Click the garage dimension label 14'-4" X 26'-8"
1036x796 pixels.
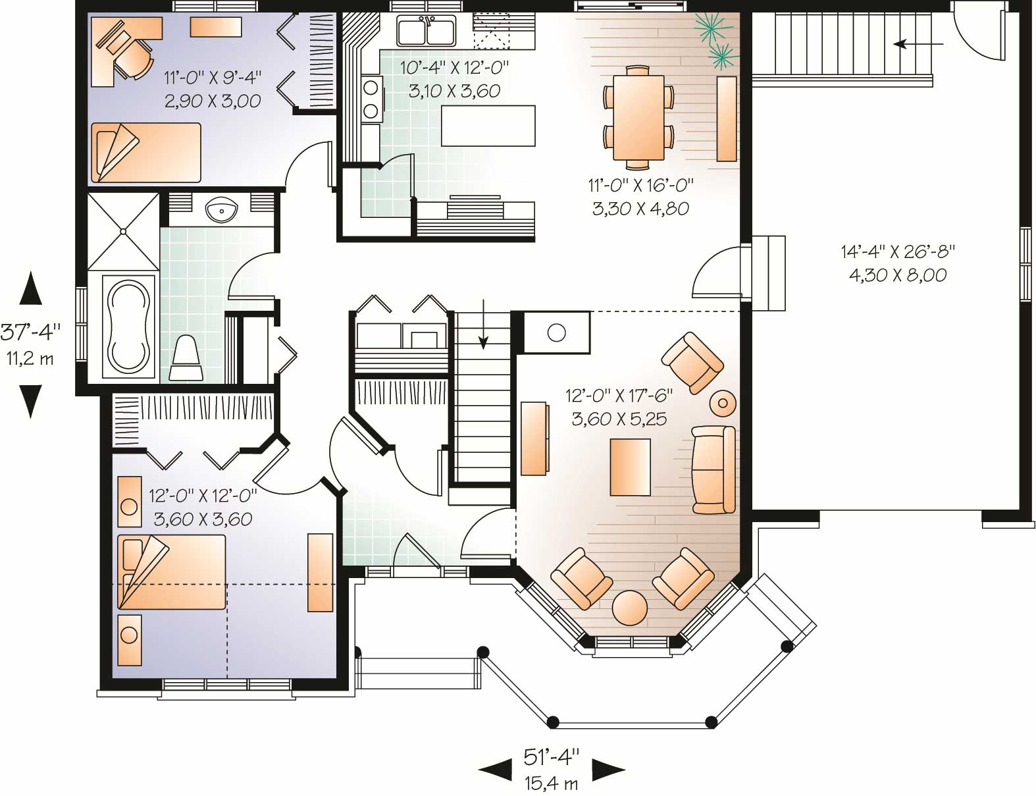coord(897,251)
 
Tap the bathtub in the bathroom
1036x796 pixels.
coord(129,327)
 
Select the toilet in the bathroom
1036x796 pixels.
coord(186,358)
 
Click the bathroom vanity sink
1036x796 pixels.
coord(222,211)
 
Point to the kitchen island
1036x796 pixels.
coord(487,125)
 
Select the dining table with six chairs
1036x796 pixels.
coord(638,117)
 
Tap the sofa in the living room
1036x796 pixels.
coord(713,469)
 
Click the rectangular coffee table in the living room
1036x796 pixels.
coord(630,467)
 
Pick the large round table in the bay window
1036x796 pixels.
coord(630,607)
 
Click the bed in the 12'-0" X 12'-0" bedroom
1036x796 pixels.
coord(171,571)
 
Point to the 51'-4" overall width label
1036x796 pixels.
coord(552,757)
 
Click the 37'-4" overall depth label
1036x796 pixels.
coord(30,331)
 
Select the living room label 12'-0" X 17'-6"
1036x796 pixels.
coord(619,395)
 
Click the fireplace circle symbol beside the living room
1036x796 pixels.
coord(556,332)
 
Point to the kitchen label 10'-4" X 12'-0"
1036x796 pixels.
coord(455,66)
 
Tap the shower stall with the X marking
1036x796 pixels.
coord(123,230)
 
